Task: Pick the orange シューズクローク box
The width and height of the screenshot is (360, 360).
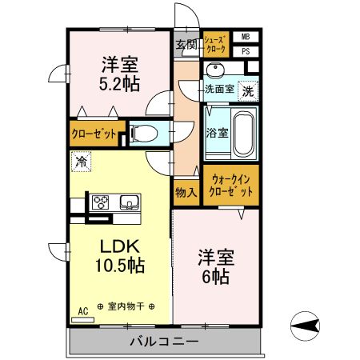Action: click(x=216, y=44)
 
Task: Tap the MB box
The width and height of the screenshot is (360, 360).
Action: click(x=246, y=37)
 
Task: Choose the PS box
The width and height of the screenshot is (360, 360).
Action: click(x=246, y=50)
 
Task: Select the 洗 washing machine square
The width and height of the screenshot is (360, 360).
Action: click(x=248, y=90)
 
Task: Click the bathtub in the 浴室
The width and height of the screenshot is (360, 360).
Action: click(x=242, y=133)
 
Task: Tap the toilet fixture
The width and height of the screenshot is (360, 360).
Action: click(x=143, y=133)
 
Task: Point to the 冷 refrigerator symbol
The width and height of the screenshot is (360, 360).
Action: click(x=81, y=162)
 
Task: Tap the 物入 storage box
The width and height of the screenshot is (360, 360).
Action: click(x=186, y=192)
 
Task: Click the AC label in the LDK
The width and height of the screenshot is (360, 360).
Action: click(x=82, y=310)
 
